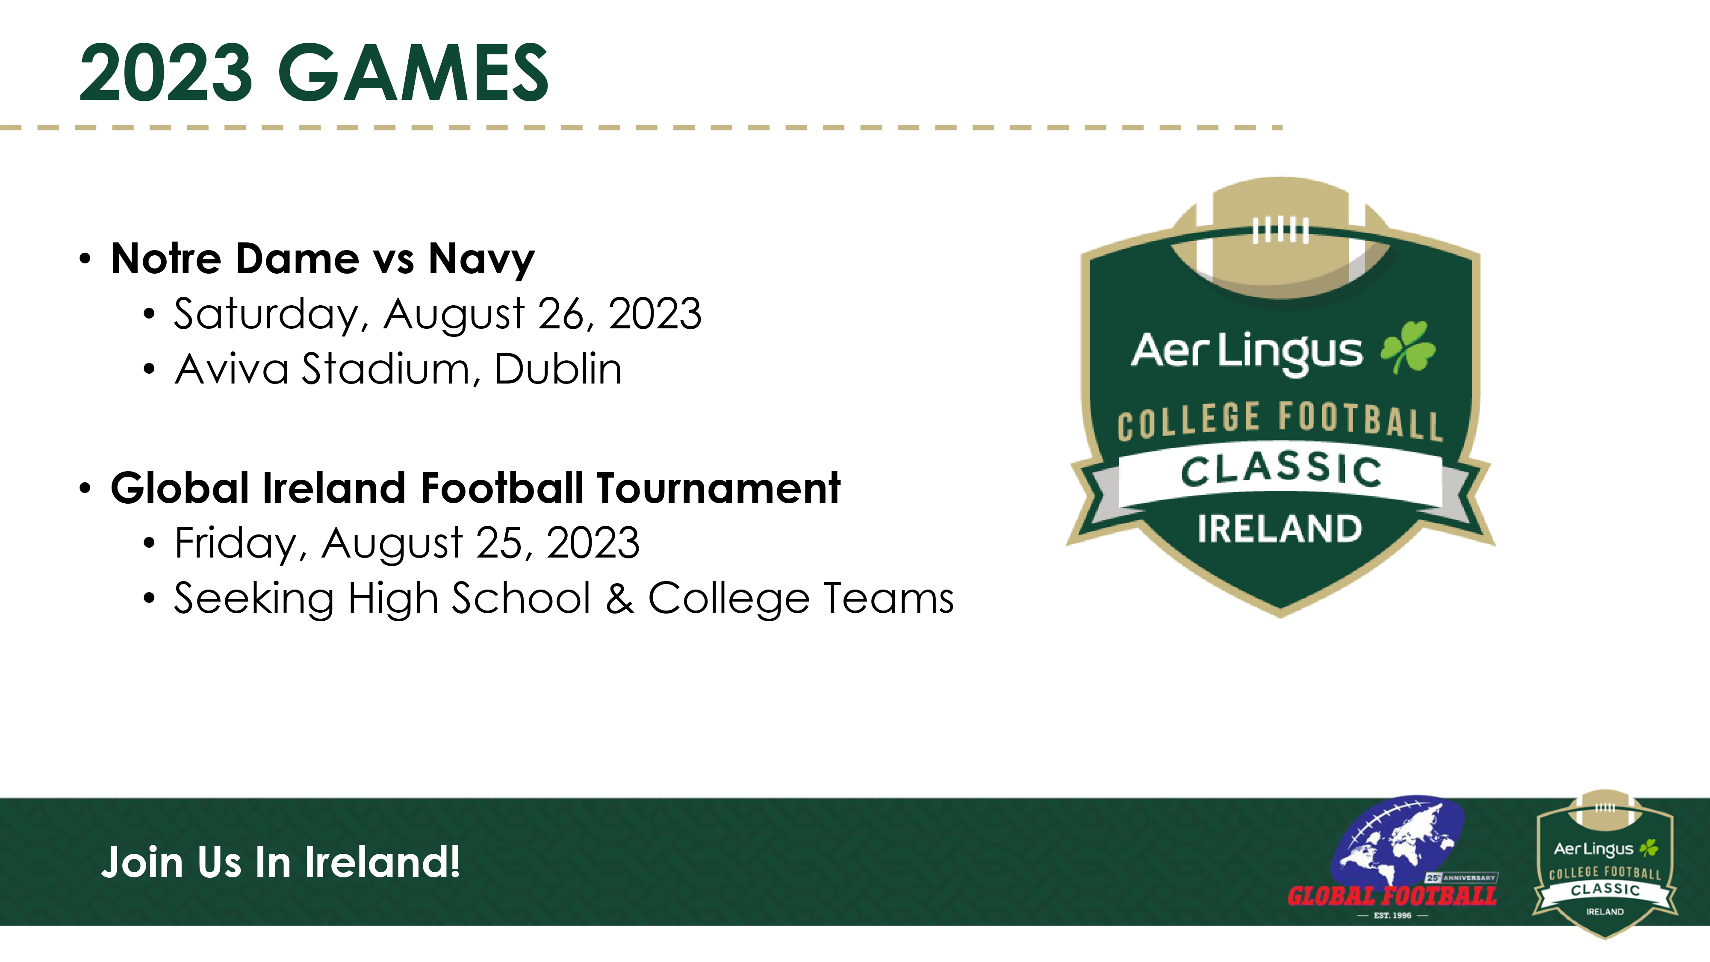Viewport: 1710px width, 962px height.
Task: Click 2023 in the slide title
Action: pyautogui.click(x=166, y=72)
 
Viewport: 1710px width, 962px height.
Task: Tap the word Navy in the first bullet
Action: pyautogui.click(x=481, y=259)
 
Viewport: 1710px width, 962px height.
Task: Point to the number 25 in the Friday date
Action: pyautogui.click(x=502, y=543)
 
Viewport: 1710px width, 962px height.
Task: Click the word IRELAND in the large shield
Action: pyautogui.click(x=1280, y=529)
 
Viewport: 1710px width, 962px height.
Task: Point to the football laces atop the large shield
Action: pyautogui.click(x=1280, y=230)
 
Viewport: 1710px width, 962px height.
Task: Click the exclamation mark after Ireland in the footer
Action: pyautogui.click(x=454, y=862)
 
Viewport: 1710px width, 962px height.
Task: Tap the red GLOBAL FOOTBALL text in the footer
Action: pyautogui.click(x=1392, y=896)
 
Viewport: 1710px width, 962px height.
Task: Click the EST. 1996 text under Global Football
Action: pyautogui.click(x=1393, y=915)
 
